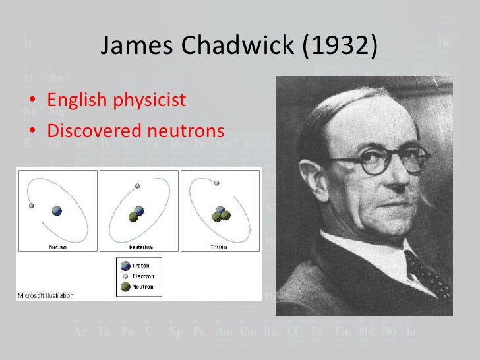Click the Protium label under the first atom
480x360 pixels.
(57, 246)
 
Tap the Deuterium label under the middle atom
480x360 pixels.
(138, 246)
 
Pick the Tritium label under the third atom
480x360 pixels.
(220, 246)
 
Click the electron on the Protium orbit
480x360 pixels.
(30, 206)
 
